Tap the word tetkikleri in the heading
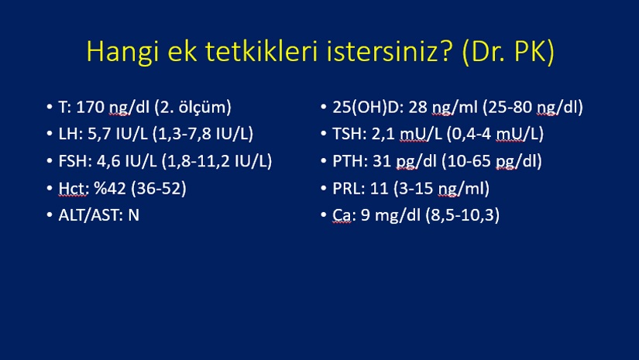pos(261,51)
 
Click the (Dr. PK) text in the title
pos(509,52)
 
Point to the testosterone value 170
pos(91,107)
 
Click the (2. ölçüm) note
pos(193,108)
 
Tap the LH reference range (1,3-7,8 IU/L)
pos(203,134)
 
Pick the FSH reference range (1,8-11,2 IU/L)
pos(217,161)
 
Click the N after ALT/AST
pos(134,215)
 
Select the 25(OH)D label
pos(366,107)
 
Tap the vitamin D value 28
pos(417,107)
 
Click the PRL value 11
pos(379,188)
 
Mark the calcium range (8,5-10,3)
pos(462,215)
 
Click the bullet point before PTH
pos(324,161)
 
